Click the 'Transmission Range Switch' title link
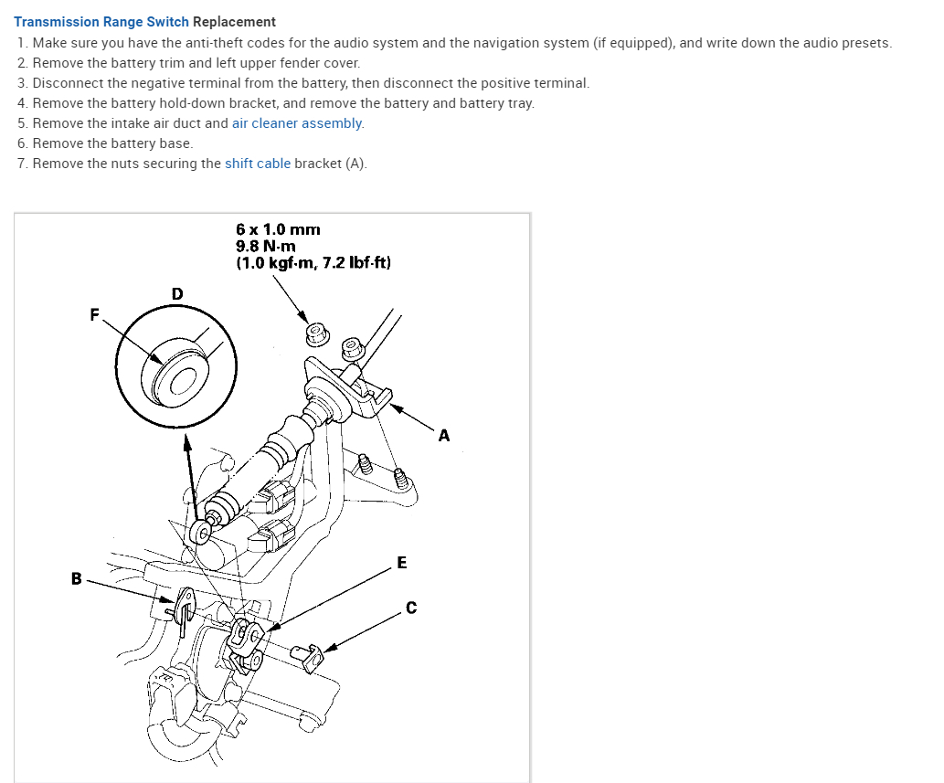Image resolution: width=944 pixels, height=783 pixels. click(x=101, y=21)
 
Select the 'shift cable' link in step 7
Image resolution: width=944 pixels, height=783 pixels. click(x=258, y=164)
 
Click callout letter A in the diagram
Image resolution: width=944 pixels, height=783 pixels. click(x=444, y=436)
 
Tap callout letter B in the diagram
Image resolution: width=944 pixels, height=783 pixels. click(x=76, y=577)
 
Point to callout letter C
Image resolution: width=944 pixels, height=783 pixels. click(x=411, y=607)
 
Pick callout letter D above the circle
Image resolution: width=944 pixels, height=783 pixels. click(x=177, y=293)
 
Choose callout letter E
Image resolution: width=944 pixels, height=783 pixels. click(x=402, y=562)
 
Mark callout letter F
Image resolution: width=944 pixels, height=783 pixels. click(x=94, y=314)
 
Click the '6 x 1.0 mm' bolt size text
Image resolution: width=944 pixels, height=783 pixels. click(x=278, y=229)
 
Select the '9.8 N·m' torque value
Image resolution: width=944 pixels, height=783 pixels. click(x=266, y=246)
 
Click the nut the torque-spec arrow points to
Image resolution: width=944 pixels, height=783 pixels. click(x=317, y=333)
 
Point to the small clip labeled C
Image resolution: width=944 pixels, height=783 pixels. click(x=307, y=656)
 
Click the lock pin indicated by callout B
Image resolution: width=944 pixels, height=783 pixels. click(x=183, y=608)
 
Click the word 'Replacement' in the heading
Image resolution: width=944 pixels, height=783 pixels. click(x=234, y=21)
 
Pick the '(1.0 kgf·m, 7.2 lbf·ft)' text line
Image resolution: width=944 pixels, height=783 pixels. click(x=313, y=263)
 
